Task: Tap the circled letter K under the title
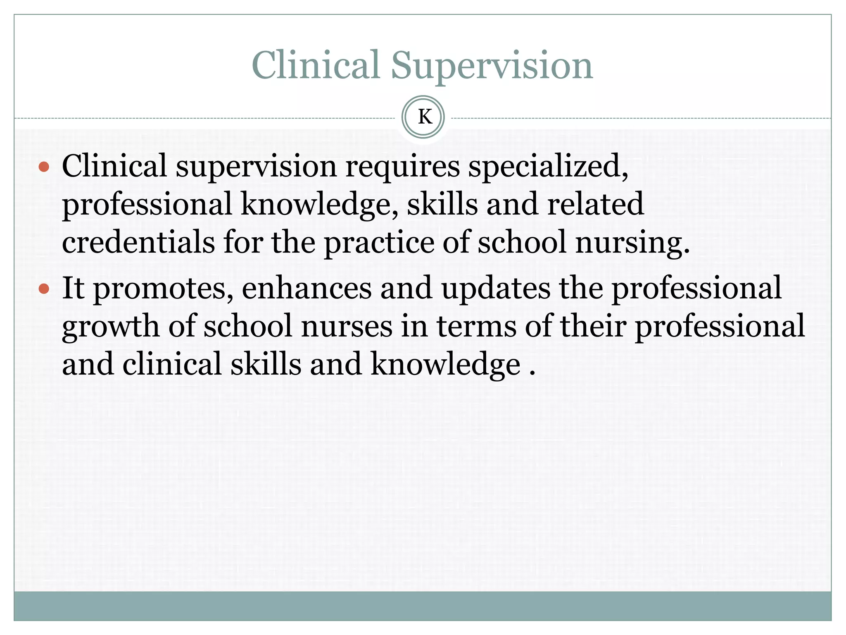click(423, 117)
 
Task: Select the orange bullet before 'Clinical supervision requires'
click(44, 167)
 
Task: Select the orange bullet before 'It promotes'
click(44, 288)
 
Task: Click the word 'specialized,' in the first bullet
click(548, 166)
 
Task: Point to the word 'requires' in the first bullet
click(402, 166)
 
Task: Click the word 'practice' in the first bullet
click(379, 243)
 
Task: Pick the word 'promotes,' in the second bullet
click(163, 289)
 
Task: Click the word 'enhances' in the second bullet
click(307, 288)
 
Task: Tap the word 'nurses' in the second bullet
click(347, 327)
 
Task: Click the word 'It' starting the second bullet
click(73, 288)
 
